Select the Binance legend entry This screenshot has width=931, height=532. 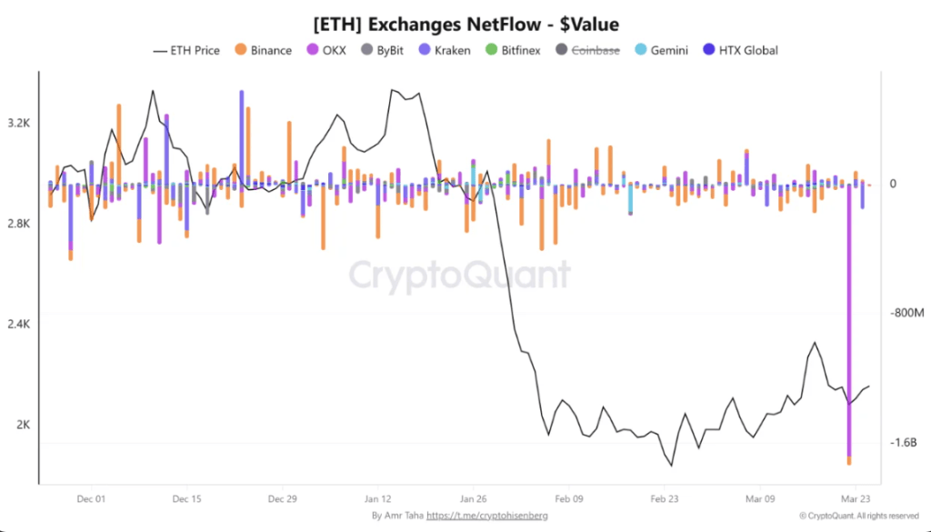pyautogui.click(x=263, y=50)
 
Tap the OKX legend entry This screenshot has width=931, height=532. pyautogui.click(x=325, y=50)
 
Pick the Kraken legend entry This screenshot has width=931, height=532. pyautogui.click(x=444, y=50)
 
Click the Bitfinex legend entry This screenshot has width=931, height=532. pyautogui.click(x=513, y=50)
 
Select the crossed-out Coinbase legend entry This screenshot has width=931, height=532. pyautogui.click(x=586, y=50)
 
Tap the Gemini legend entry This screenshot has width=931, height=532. pyautogui.click(x=660, y=50)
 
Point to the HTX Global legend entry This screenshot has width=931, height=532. pyautogui.click(x=740, y=50)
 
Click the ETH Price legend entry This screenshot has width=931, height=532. pyautogui.click(x=186, y=50)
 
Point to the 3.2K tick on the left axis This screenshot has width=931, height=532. pyautogui.click(x=18, y=122)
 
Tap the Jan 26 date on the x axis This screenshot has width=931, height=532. pyautogui.click(x=474, y=498)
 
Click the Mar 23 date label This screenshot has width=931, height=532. pyautogui.click(x=854, y=498)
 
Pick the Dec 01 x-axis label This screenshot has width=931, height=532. pyautogui.click(x=91, y=498)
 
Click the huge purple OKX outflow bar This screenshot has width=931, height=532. pyautogui.click(x=849, y=318)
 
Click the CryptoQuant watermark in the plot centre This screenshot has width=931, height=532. pyautogui.click(x=461, y=274)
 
